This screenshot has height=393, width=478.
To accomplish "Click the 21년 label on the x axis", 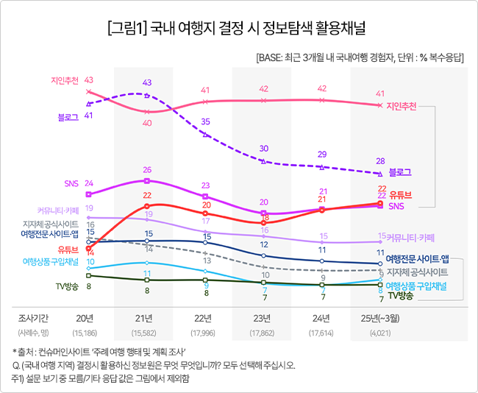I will pyautogui.click(x=147, y=318).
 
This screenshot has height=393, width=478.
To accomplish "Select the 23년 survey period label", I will pyautogui.click(x=263, y=318).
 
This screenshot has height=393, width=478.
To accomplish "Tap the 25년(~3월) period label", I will pyautogui.click(x=379, y=318).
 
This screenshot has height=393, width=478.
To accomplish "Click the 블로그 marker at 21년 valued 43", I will pyautogui.click(x=147, y=96).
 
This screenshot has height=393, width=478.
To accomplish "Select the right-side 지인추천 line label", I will pyautogui.click(x=402, y=106).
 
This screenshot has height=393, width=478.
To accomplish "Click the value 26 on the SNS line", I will pyautogui.click(x=147, y=170).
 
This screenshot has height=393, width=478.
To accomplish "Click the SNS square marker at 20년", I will pyautogui.click(x=88, y=194).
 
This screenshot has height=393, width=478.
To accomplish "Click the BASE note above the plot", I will pyautogui.click(x=359, y=58).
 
